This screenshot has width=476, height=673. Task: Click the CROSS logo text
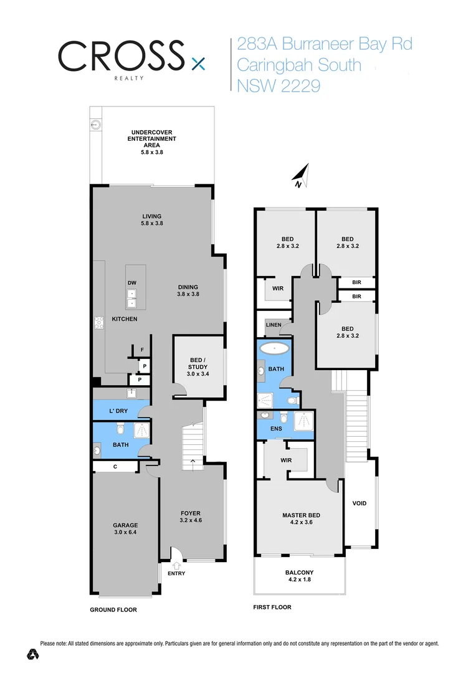tap(121, 57)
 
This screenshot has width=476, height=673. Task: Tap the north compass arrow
tap(301, 176)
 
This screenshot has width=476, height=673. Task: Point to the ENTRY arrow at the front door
tap(176, 565)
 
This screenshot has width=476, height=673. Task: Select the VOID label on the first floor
tap(359, 503)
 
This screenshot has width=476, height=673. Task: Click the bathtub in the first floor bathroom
tap(275, 349)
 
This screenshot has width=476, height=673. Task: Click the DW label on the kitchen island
tap(132, 283)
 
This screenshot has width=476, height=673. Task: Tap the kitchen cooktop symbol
tap(98, 322)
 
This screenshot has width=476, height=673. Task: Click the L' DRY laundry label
tap(118, 411)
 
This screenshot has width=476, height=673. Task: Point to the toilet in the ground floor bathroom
tap(120, 428)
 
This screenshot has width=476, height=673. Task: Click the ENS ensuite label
tap(276, 429)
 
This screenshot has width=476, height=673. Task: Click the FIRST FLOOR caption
tap(272, 607)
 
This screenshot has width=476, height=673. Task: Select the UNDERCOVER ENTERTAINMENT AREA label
tap(151, 141)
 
